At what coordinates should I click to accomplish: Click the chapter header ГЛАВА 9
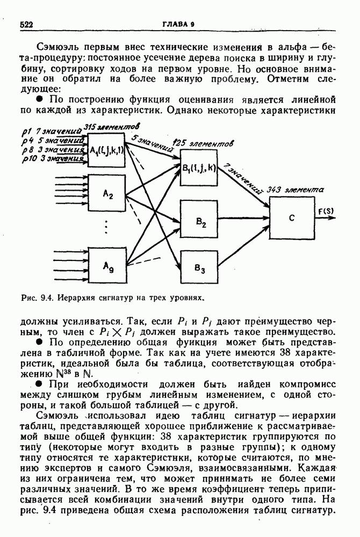[180, 24]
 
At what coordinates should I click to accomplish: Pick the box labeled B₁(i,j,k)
[199, 170]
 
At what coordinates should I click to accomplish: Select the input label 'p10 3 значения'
[52, 159]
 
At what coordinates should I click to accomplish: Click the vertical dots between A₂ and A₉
[106, 229]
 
